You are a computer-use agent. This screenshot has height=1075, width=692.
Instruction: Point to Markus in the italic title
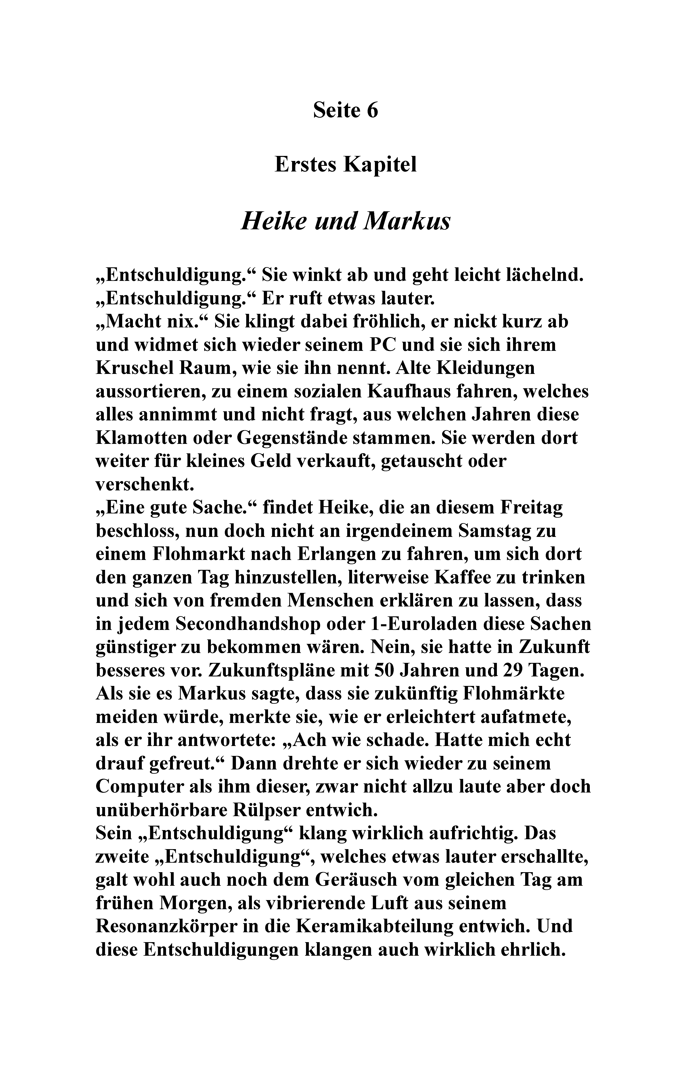[x=407, y=221]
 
